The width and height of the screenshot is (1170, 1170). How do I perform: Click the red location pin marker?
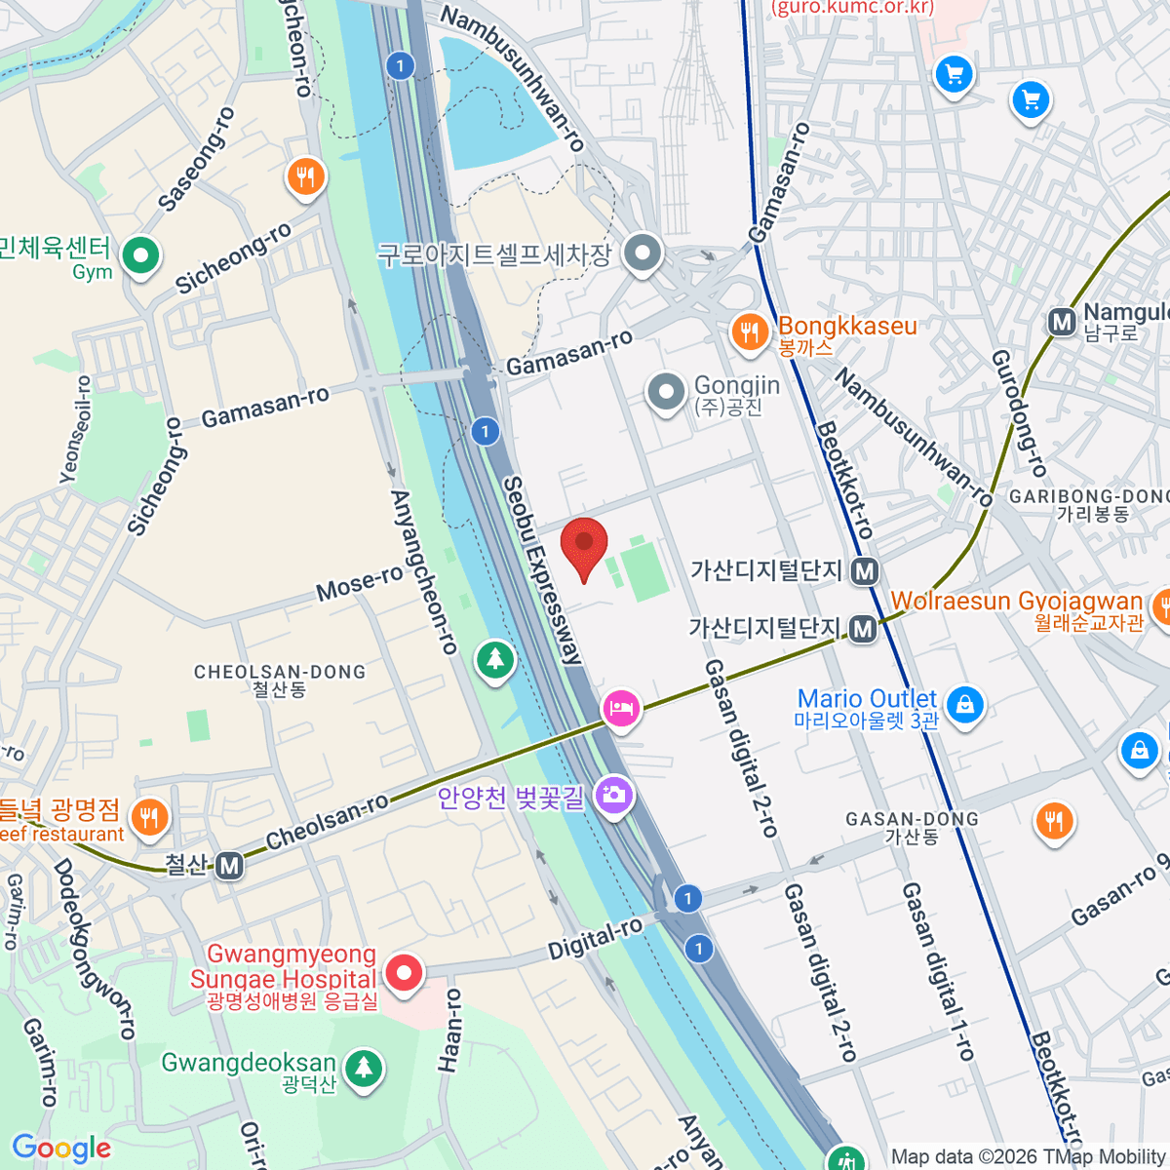(x=584, y=544)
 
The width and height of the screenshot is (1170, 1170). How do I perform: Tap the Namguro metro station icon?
(x=1062, y=322)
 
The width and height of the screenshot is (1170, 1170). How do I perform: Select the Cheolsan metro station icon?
(x=229, y=865)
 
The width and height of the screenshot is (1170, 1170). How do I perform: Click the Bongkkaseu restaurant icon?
(x=749, y=332)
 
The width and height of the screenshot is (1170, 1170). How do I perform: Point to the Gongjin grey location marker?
(x=666, y=392)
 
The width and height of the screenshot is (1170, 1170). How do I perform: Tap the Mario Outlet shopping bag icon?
(x=964, y=703)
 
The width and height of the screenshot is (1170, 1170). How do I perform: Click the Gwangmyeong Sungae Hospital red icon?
(x=404, y=972)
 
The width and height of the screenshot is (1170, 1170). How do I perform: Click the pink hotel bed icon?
(x=621, y=708)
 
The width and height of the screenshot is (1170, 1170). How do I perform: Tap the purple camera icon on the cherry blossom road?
(x=614, y=795)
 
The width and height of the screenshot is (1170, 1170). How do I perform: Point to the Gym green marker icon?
(x=141, y=256)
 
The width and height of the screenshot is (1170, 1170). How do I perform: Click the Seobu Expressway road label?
(x=542, y=570)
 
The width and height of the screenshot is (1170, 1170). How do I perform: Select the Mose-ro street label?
(x=360, y=584)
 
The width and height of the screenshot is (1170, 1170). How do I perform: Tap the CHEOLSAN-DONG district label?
(x=280, y=672)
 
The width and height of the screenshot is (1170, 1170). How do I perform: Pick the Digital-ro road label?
(x=595, y=938)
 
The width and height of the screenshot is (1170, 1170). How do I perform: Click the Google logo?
(x=60, y=1148)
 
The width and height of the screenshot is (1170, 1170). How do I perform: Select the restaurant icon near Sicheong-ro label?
(x=305, y=176)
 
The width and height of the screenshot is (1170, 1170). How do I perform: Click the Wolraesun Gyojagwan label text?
(x=1016, y=601)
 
